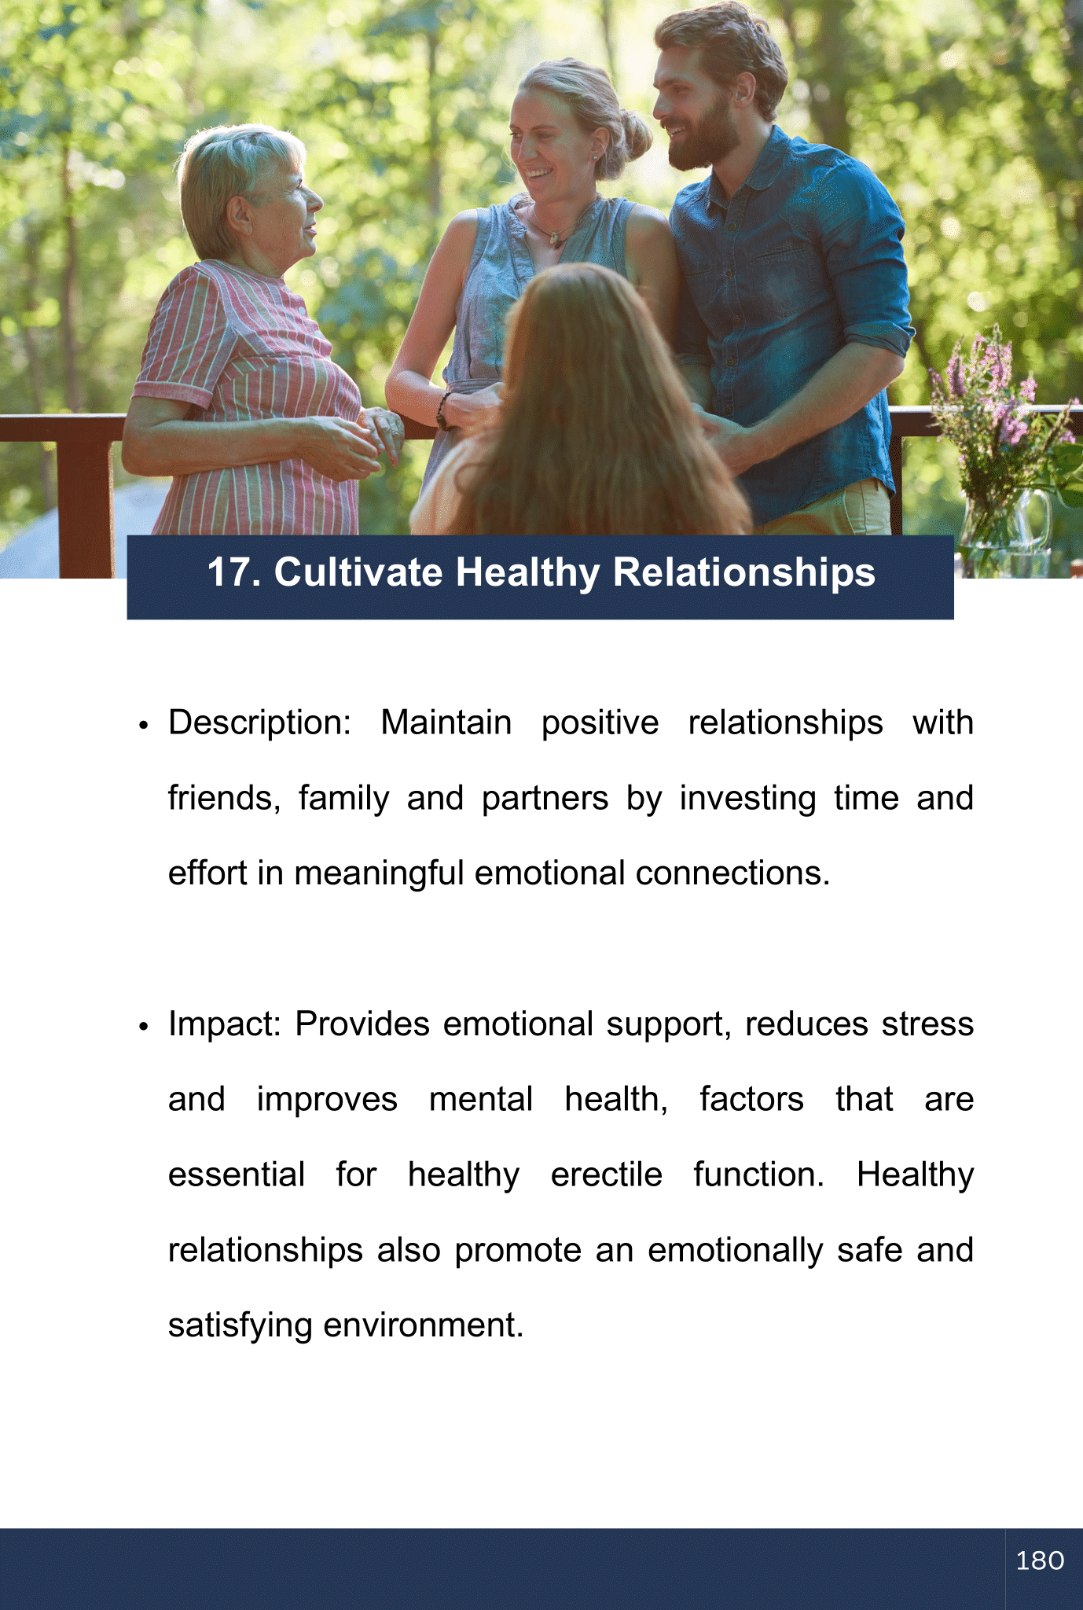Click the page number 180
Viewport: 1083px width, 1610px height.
click(1040, 1560)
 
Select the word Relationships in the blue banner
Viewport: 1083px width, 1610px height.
click(743, 573)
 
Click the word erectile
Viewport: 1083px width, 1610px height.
click(606, 1174)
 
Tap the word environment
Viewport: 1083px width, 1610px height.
click(423, 1325)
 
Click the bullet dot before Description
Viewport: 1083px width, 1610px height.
click(143, 726)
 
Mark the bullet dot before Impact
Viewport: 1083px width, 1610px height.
click(143, 1028)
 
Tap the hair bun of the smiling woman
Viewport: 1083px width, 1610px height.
click(633, 133)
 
